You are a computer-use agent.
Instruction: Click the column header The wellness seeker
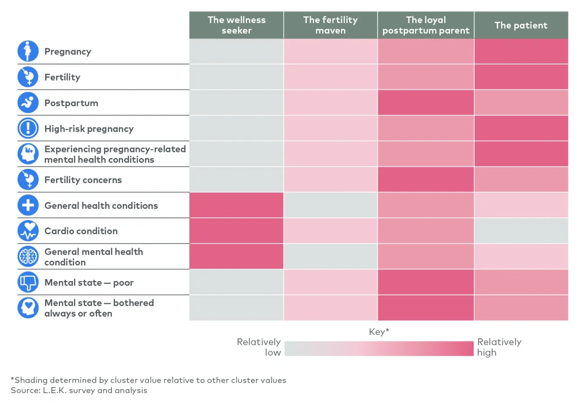[236, 25]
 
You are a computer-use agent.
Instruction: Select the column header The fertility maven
[330, 25]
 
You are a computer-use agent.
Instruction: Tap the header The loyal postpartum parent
[426, 25]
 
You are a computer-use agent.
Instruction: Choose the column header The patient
[521, 25]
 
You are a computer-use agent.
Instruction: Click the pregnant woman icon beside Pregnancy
[28, 51]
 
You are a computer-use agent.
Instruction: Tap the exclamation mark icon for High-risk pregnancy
[28, 129]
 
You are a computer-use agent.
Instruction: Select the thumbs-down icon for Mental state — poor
[28, 283]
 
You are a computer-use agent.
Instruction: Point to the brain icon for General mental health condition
[28, 257]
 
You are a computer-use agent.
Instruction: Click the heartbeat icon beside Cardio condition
[28, 231]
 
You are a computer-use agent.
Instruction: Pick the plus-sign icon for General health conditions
[28, 206]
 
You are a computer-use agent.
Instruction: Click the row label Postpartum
[71, 103]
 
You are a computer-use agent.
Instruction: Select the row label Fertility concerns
[83, 180]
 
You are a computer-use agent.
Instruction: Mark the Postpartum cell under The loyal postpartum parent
[426, 103]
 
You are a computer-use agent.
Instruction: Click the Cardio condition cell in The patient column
[521, 231]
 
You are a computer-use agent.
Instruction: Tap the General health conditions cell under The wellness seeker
[236, 206]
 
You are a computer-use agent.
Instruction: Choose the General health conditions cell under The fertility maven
[330, 206]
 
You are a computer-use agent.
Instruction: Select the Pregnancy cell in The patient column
[521, 51]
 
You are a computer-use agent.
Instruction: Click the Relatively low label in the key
[259, 347]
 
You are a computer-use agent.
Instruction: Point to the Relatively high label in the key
[499, 347]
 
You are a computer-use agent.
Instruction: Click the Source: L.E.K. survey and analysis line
[79, 390]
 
